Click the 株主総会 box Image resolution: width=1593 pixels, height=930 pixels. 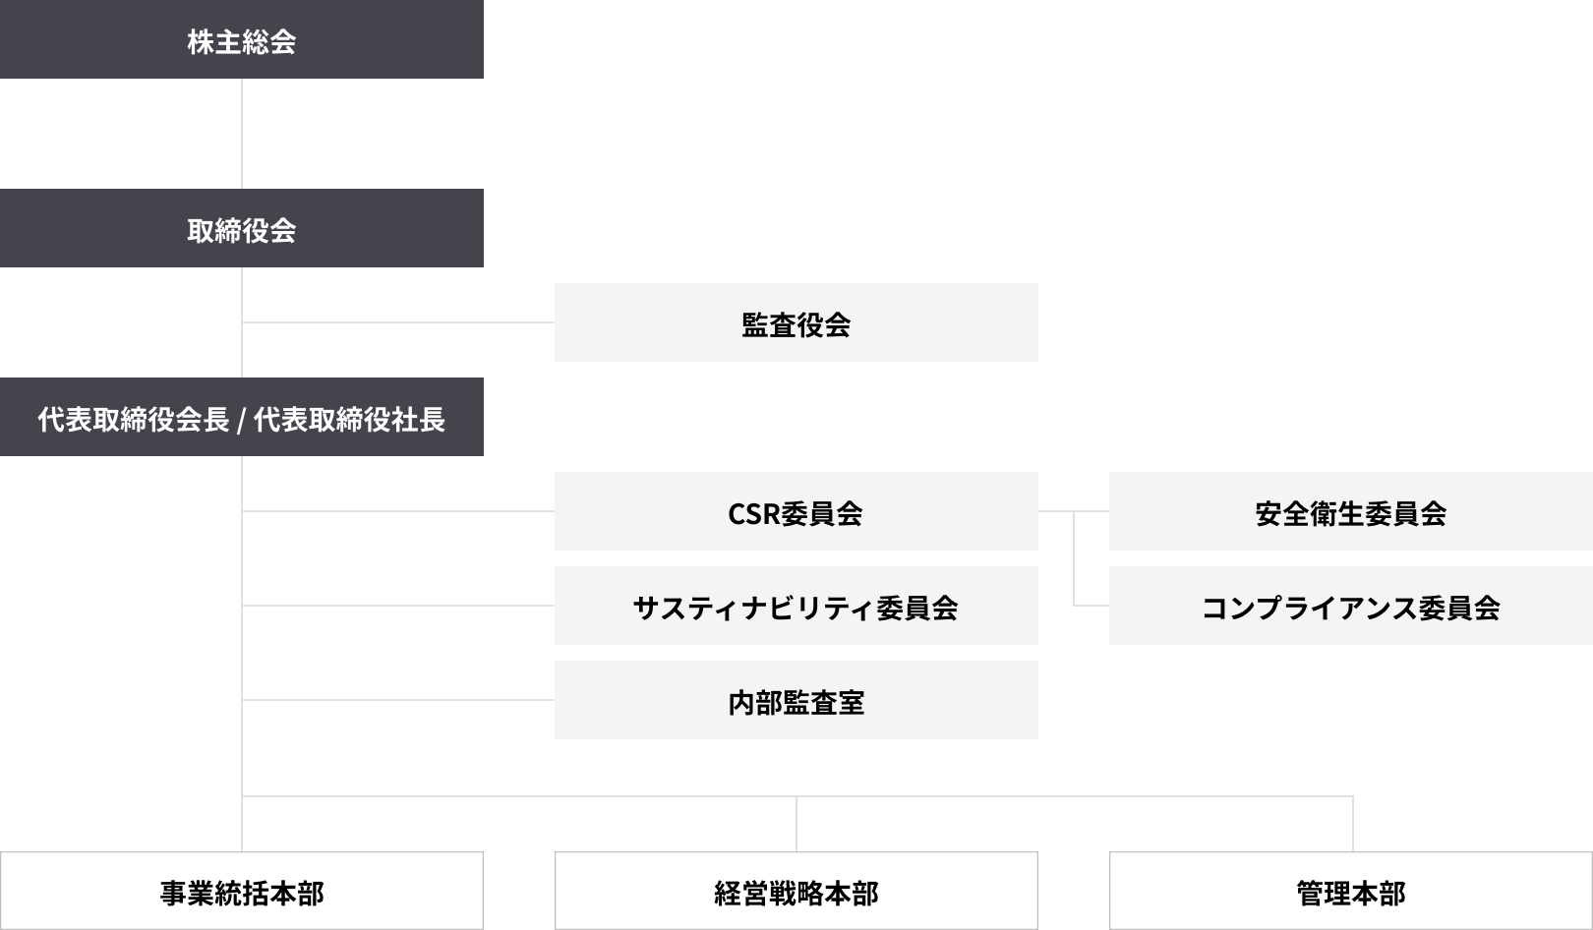(x=241, y=39)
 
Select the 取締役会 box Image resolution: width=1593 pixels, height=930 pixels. (x=241, y=228)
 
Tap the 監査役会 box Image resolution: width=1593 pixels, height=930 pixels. (x=796, y=322)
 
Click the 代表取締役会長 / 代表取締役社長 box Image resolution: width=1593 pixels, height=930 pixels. (x=241, y=417)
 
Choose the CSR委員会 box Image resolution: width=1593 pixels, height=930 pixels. (x=796, y=511)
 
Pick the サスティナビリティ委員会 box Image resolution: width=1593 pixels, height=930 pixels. (x=796, y=606)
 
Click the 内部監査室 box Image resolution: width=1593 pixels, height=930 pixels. (x=796, y=700)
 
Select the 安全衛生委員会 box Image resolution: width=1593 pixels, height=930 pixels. (x=1350, y=511)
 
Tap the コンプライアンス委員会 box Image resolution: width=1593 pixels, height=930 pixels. (x=1350, y=606)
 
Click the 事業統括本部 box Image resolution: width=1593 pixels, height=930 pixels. (x=241, y=891)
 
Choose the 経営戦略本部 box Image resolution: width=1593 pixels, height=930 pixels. (x=796, y=891)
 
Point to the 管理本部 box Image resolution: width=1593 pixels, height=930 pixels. (x=1350, y=891)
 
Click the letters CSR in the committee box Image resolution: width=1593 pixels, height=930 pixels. (x=753, y=513)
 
